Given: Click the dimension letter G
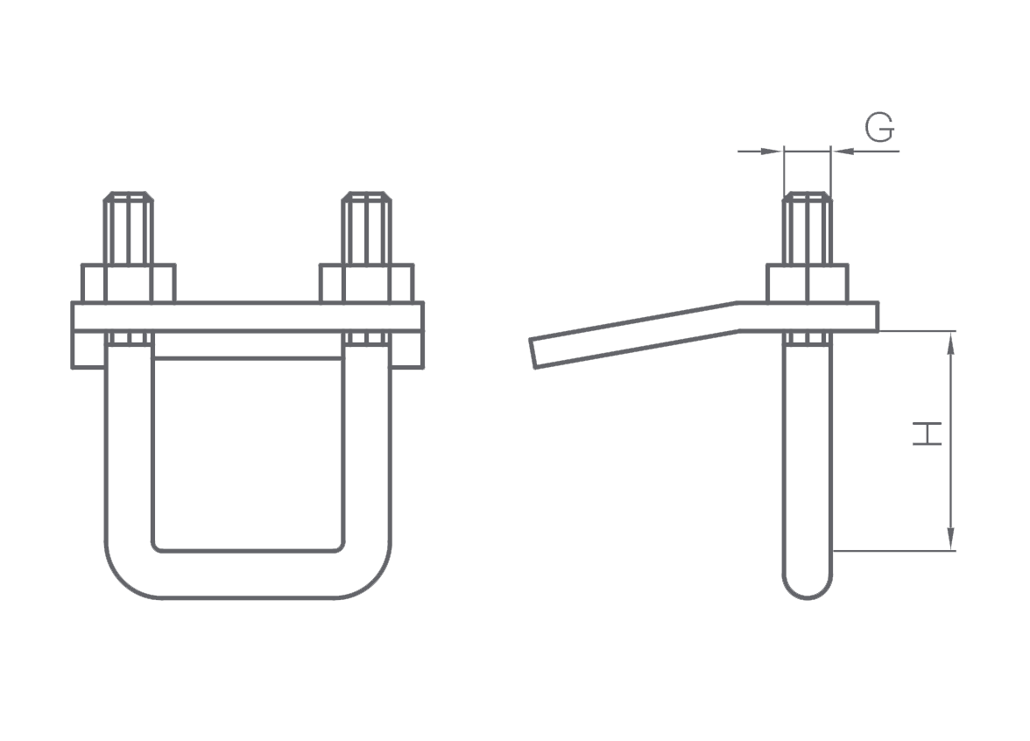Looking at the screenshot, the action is (x=879, y=128).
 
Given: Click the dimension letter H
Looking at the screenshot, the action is (x=928, y=434).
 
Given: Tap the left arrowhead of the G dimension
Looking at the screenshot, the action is (x=772, y=152).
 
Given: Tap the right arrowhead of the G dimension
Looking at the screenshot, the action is (x=843, y=152).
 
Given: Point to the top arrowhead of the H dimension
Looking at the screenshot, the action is (x=950, y=342).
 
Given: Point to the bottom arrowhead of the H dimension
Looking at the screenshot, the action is (x=950, y=540).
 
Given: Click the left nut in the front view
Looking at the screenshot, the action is (x=129, y=283).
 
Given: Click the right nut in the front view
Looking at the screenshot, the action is (x=366, y=283).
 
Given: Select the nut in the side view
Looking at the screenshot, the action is (x=808, y=283).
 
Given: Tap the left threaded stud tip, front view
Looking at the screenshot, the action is (x=129, y=196).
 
